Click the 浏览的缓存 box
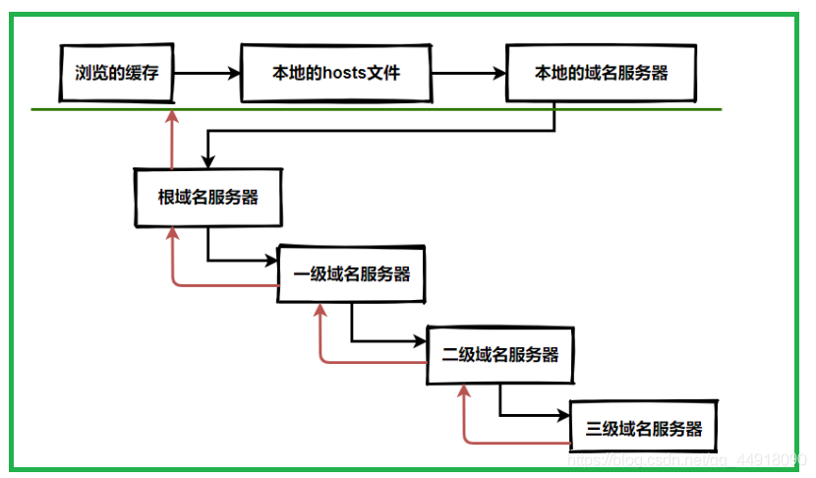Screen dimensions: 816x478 [x=117, y=73]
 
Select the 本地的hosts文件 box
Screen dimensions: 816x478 [x=336, y=73]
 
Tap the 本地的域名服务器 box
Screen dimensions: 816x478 [x=601, y=73]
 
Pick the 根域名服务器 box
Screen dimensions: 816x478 [x=208, y=198]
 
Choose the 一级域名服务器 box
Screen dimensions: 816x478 [x=352, y=273]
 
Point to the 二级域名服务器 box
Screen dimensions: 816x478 [x=500, y=355]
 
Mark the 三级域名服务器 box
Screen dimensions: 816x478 [x=644, y=427]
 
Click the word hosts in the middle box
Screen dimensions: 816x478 [x=344, y=73]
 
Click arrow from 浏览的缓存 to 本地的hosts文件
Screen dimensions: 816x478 [x=207, y=74]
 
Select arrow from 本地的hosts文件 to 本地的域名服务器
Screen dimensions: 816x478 [x=469, y=74]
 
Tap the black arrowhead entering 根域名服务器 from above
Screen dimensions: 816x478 [x=208, y=162]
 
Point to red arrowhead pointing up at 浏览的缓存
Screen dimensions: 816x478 [x=172, y=117]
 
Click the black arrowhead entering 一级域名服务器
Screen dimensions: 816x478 [x=271, y=260]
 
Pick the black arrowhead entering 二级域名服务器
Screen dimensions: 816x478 [x=420, y=341]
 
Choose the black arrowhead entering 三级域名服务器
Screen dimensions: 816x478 [x=563, y=415]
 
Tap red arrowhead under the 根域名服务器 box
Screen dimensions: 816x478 [x=172, y=234]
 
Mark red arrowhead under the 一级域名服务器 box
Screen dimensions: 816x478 [x=321, y=311]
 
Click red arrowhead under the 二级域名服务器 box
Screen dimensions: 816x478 [x=464, y=391]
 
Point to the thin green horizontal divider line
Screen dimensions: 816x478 [x=377, y=109]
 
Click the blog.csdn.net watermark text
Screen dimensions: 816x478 [x=687, y=460]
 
